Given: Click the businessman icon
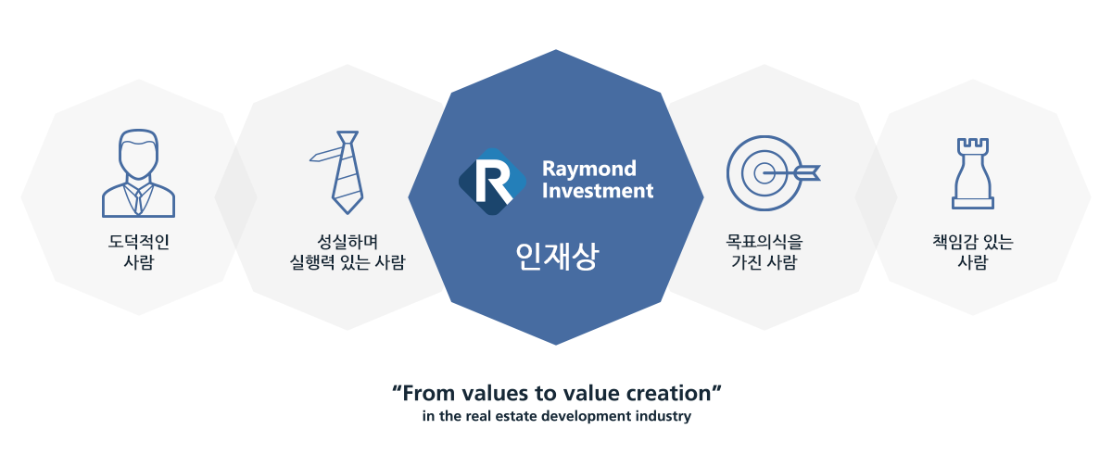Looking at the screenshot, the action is [x=138, y=173].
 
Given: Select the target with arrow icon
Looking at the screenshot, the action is [x=773, y=173].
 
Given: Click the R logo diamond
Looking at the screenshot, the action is [x=492, y=182].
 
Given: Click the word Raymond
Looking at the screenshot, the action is [x=588, y=169].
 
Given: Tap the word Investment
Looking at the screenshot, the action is [x=598, y=191].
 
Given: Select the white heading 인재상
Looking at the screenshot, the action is [x=557, y=256].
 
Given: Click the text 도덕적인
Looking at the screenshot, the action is [x=139, y=242].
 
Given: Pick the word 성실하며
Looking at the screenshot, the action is [x=347, y=242].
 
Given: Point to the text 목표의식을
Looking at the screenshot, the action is [x=764, y=242].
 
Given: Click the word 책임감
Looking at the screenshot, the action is [x=954, y=242].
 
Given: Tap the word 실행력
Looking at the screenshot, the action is [x=312, y=262].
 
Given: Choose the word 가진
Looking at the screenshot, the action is [x=746, y=262].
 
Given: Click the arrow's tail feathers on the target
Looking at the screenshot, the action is [x=808, y=173].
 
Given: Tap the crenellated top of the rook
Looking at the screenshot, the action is [x=973, y=145].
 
